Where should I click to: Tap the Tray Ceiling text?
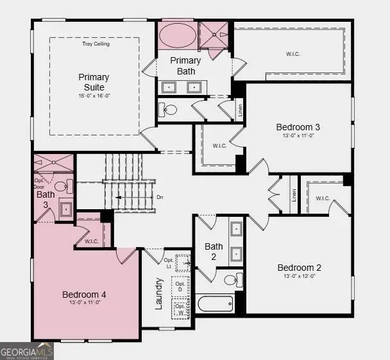click(x=96, y=44)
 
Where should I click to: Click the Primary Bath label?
click(x=186, y=66)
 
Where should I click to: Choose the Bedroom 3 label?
click(x=298, y=127)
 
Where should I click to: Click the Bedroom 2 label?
click(x=300, y=268)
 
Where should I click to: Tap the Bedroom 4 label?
click(x=84, y=295)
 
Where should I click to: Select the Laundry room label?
click(x=160, y=294)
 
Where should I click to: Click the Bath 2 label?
click(x=214, y=251)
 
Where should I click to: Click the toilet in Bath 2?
click(x=232, y=279)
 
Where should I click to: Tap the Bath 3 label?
click(x=46, y=199)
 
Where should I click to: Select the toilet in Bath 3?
click(x=62, y=187)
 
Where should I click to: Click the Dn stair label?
click(x=160, y=197)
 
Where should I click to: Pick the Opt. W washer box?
click(x=181, y=308)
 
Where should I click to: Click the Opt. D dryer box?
click(x=181, y=287)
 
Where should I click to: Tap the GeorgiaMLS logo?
click(x=27, y=352)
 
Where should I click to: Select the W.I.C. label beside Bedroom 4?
click(x=90, y=241)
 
